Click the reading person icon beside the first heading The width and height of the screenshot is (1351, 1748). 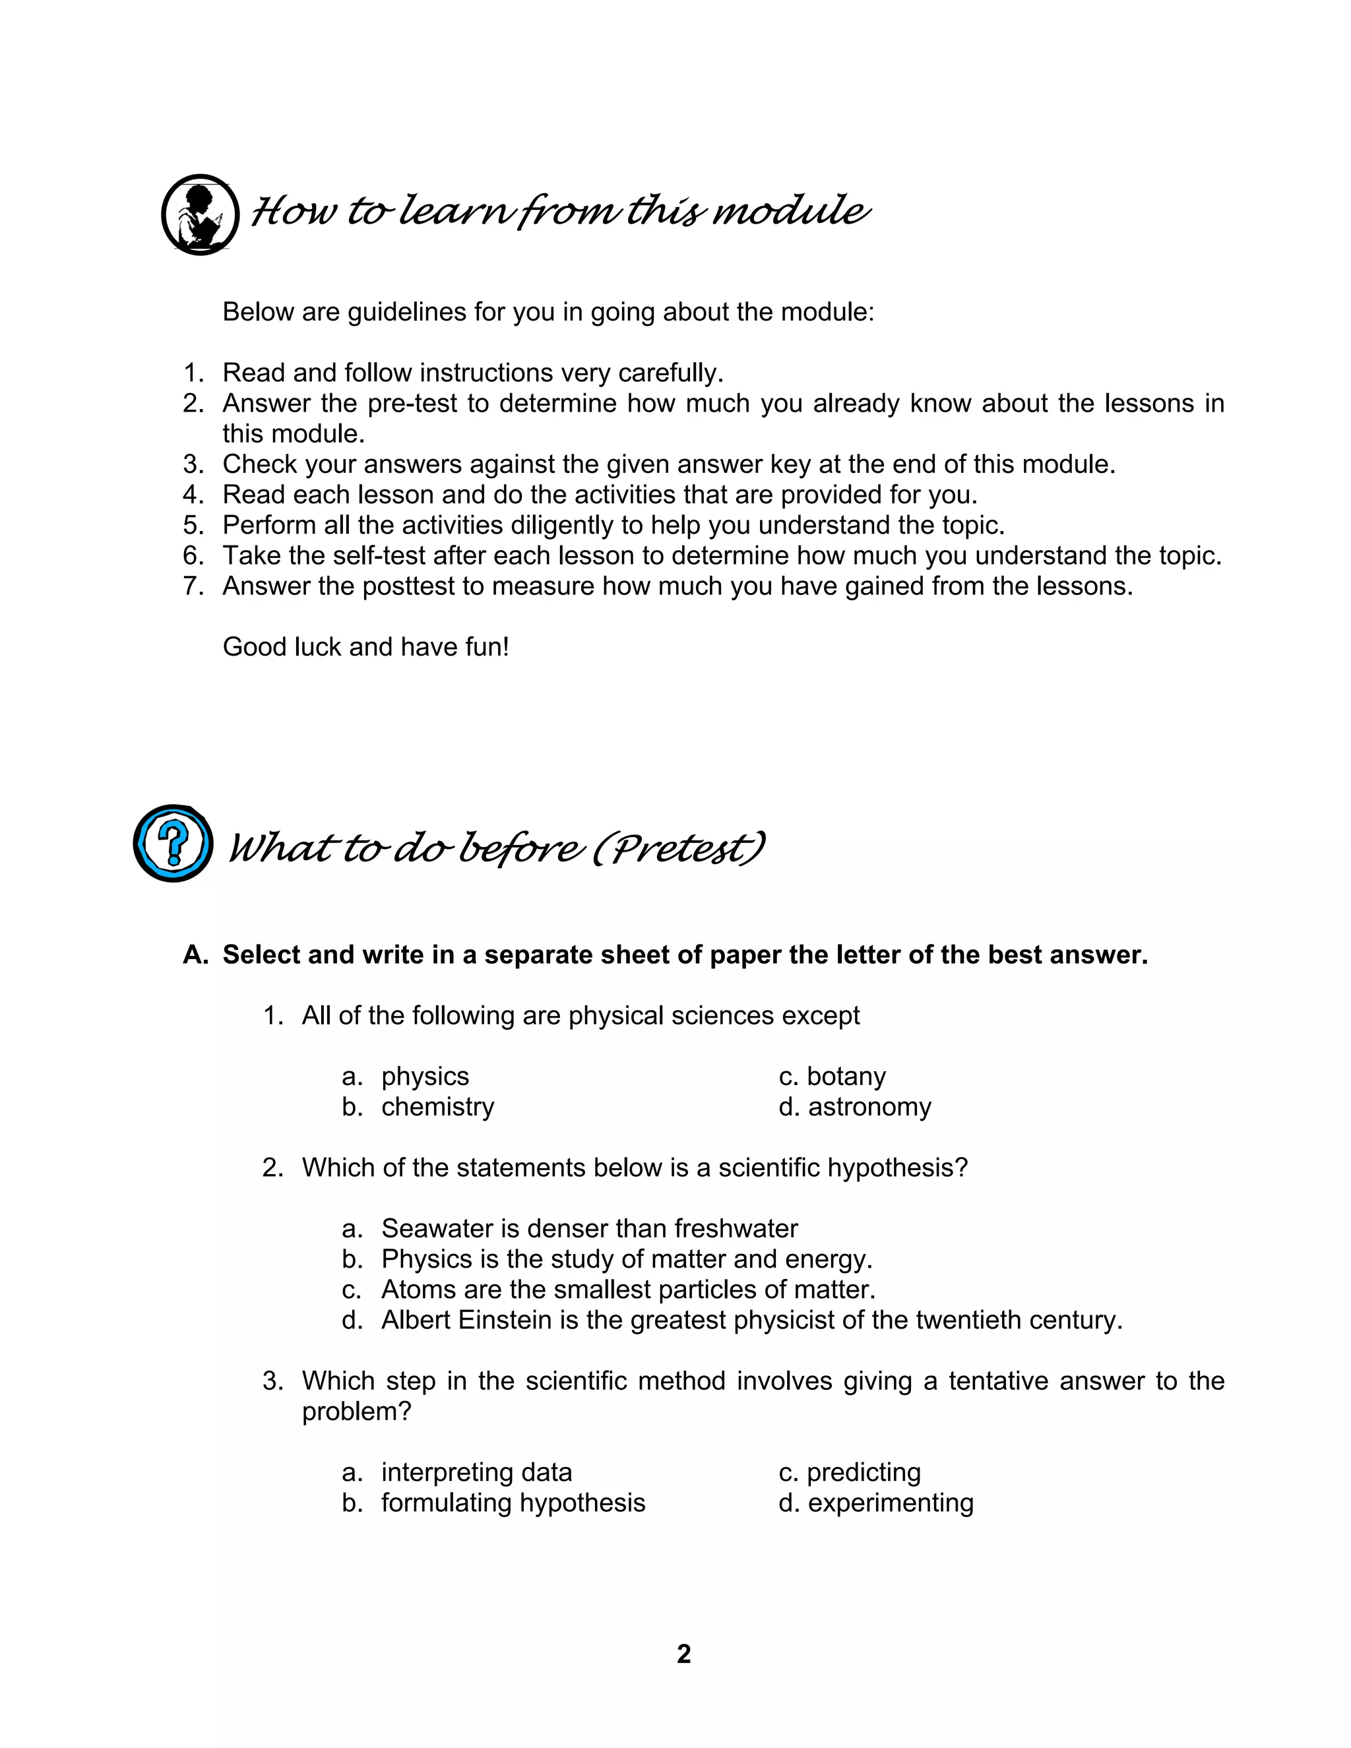click(200, 214)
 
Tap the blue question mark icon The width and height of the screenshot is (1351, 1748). click(173, 844)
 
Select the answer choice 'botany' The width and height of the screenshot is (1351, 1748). click(846, 1077)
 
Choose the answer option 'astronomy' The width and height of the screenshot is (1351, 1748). click(869, 1107)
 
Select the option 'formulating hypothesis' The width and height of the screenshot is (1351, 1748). click(513, 1503)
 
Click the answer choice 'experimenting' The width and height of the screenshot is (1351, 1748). click(890, 1503)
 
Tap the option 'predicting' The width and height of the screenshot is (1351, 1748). click(864, 1473)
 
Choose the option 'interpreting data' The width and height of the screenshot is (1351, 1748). click(476, 1473)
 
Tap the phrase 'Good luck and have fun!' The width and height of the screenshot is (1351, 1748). click(365, 646)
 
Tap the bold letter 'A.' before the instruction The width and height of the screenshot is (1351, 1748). click(195, 955)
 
